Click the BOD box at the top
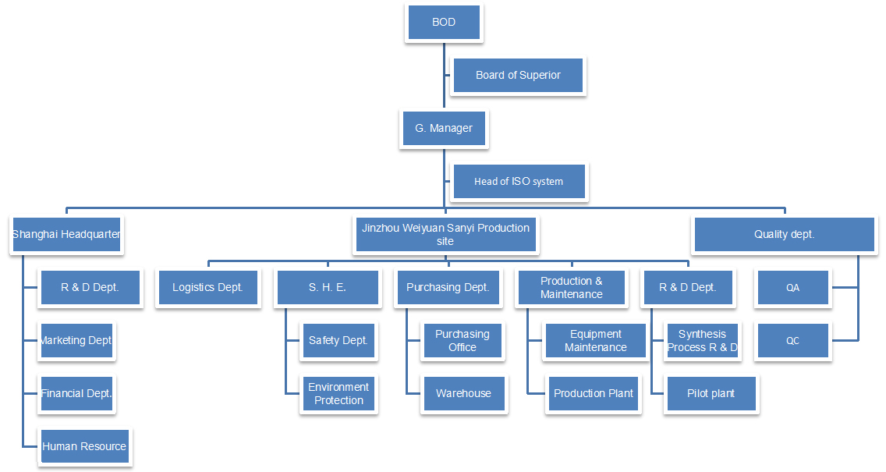(444, 23)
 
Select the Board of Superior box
(518, 76)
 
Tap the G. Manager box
(444, 128)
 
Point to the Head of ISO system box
(518, 182)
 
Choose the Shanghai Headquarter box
(66, 234)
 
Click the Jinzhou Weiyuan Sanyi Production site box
(445, 234)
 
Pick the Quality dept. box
(784, 234)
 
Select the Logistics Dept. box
(207, 287)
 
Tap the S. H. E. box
(327, 287)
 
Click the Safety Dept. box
(338, 340)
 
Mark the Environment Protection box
(338, 393)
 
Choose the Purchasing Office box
(462, 340)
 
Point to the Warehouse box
(463, 393)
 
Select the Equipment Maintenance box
(595, 340)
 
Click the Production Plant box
(593, 393)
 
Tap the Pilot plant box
(711, 393)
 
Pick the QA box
(792, 287)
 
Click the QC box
(792, 340)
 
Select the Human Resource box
(84, 446)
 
